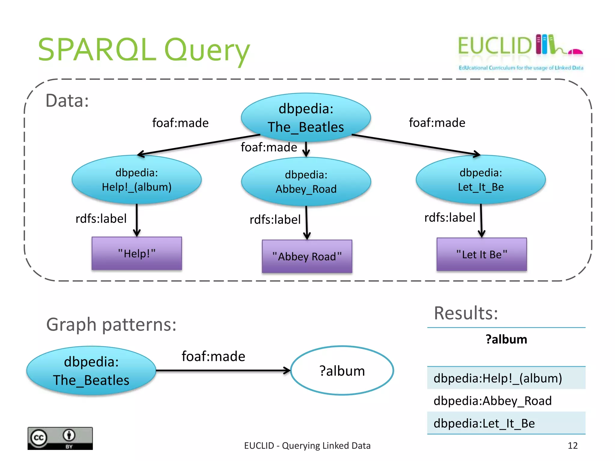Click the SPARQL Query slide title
pyautogui.click(x=144, y=50)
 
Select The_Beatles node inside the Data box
pyautogui.click(x=306, y=118)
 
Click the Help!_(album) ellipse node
pyautogui.click(x=137, y=180)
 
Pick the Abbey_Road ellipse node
pyautogui.click(x=306, y=182)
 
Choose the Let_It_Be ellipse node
pyautogui.click(x=480, y=180)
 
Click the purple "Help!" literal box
pyautogui.click(x=137, y=254)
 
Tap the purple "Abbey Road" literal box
pyautogui.click(x=307, y=256)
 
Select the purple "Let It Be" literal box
pyautogui.click(x=482, y=255)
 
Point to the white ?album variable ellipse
pyautogui.click(x=342, y=371)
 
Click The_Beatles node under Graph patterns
pyautogui.click(x=91, y=371)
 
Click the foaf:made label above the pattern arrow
pyautogui.click(x=213, y=356)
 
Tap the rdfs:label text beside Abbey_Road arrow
pyautogui.click(x=275, y=219)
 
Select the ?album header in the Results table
pyautogui.click(x=506, y=339)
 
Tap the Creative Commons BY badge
pyautogui.click(x=60, y=438)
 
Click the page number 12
pyautogui.click(x=572, y=445)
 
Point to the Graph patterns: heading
pyautogui.click(x=111, y=324)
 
